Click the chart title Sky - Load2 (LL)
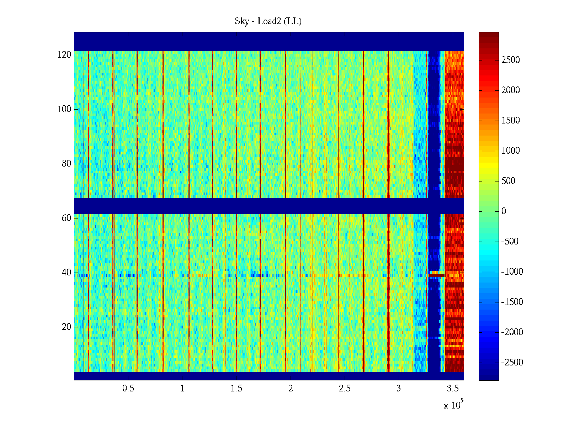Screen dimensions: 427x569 coord(268,21)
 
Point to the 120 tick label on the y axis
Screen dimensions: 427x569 coord(64,55)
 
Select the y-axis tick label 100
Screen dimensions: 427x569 coord(64,109)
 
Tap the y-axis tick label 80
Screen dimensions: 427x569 coord(67,164)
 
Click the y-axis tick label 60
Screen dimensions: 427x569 coord(67,218)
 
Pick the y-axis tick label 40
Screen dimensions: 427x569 coord(67,273)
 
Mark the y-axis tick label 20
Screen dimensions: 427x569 coord(67,327)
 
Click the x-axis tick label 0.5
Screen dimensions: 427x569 coord(128,389)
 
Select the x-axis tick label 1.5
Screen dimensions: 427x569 coord(236,389)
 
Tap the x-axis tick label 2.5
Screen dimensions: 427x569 coord(345,389)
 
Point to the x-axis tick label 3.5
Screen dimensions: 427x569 coord(453,389)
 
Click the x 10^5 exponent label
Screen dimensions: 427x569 coord(453,405)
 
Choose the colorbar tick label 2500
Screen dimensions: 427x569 coord(511,60)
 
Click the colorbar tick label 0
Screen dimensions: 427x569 coord(504,211)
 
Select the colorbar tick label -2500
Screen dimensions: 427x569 coord(512,363)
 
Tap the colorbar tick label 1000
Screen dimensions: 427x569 coord(511,151)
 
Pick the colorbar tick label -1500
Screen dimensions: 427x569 coord(512,302)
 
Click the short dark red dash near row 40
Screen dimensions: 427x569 coord(436,275)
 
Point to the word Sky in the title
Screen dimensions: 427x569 coord(242,21)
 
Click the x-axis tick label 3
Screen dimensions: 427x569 coord(399,389)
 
